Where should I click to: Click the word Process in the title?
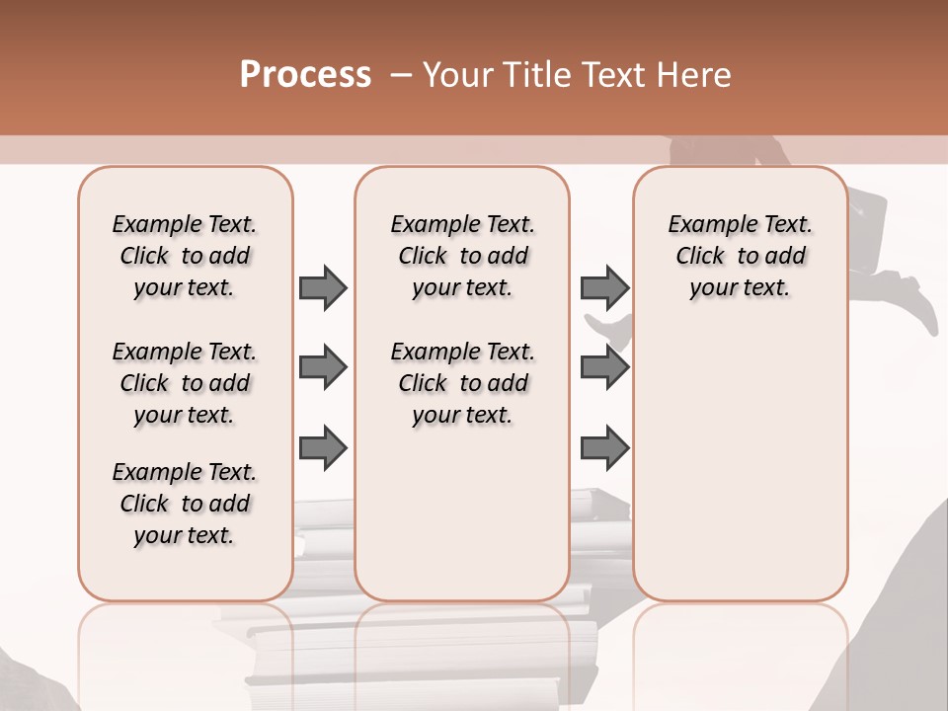(x=305, y=74)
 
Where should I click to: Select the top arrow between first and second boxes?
(x=323, y=287)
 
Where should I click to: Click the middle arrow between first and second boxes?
(x=323, y=368)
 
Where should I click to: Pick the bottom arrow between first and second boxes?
(x=323, y=447)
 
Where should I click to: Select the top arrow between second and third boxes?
(x=604, y=287)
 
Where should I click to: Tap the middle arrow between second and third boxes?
(x=604, y=368)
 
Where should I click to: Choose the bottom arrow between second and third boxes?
(x=604, y=447)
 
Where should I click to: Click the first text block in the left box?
(x=185, y=256)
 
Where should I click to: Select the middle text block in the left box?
(x=185, y=383)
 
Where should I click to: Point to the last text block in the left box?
(x=185, y=504)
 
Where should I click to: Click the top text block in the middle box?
(x=462, y=256)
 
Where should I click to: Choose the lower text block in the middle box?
(x=462, y=383)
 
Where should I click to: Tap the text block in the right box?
(x=740, y=256)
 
